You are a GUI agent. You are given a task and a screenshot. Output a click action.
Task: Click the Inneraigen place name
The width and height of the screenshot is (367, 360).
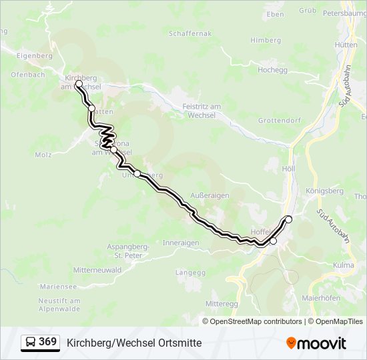click(181, 243)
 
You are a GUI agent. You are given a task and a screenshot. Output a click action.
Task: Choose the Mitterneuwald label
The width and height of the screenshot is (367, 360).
click(98, 270)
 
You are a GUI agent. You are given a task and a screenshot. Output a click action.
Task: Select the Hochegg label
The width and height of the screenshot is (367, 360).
click(272, 69)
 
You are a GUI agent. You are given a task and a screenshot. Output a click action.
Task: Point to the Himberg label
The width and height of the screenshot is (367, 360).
click(266, 40)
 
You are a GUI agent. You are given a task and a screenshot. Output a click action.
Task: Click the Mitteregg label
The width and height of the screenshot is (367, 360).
click(222, 303)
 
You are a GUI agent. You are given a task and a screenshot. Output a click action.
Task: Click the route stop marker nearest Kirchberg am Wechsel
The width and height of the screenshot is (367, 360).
click(79, 84)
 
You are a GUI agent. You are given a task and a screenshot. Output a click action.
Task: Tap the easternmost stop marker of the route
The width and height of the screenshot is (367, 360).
click(289, 219)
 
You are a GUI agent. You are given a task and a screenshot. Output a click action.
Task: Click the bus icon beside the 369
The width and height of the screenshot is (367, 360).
click(31, 343)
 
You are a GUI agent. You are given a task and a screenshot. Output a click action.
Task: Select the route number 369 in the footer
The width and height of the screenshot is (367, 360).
click(47, 342)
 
